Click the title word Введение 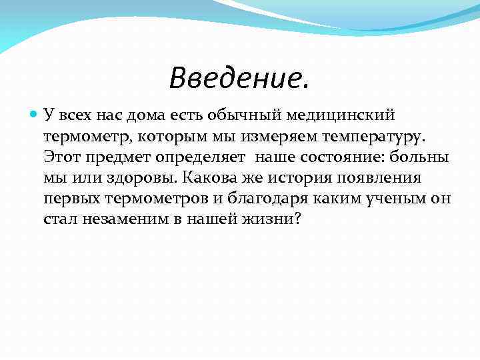pos(239,78)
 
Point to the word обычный pos(253,115)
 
